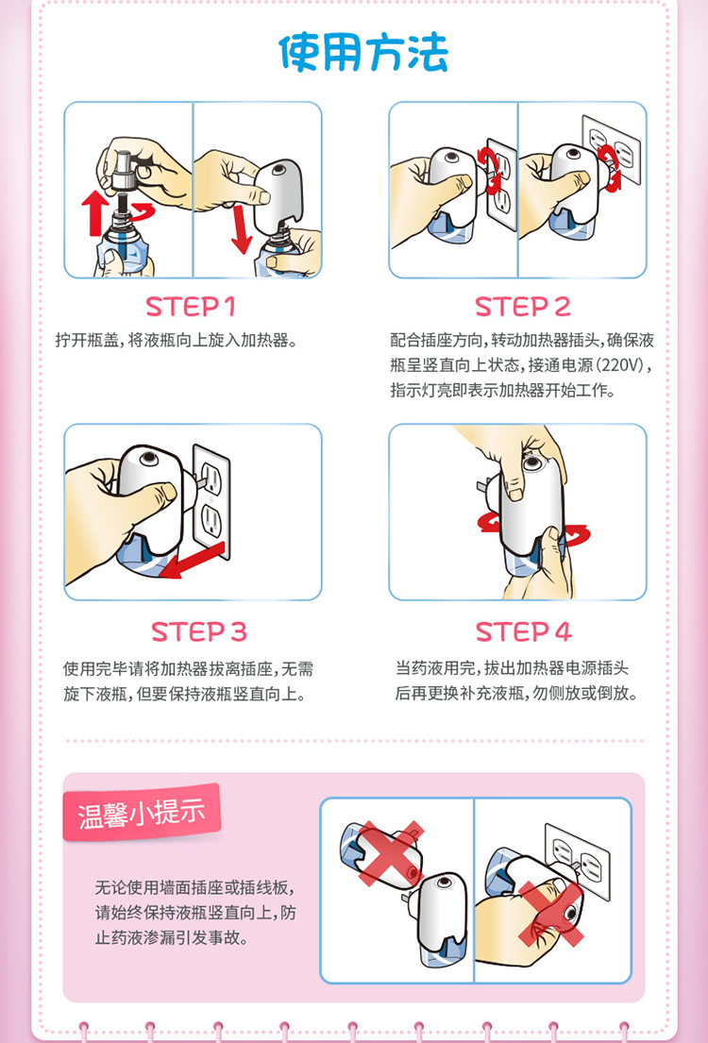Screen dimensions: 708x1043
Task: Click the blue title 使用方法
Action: tap(363, 53)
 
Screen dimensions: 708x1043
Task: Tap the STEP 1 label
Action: tap(191, 307)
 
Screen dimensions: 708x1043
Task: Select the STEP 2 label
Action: tap(523, 307)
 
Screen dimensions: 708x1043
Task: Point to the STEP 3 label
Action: tap(198, 631)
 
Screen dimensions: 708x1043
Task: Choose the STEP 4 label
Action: tap(524, 631)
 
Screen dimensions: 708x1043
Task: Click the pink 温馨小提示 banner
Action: tap(141, 813)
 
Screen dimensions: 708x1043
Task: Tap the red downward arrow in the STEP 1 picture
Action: tap(240, 229)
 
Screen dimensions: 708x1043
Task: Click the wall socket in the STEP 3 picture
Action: tap(211, 501)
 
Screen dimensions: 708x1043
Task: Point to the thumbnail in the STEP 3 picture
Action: tap(168, 492)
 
